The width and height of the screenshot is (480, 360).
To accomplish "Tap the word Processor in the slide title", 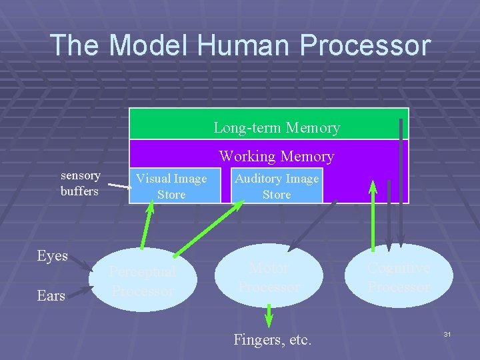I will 365,45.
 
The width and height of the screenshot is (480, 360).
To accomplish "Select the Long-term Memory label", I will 277,127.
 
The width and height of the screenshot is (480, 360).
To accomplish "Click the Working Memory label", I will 277,157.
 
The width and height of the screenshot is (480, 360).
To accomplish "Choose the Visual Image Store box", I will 171,186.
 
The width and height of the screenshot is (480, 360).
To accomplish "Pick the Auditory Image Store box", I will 277,186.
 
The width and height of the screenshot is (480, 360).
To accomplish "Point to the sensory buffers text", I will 81,183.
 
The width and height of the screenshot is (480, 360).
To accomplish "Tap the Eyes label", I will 53,256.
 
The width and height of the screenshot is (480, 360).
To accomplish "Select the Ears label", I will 51,295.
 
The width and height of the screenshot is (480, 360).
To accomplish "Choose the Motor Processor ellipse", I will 269,277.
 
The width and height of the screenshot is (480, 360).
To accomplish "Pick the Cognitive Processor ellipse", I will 399,277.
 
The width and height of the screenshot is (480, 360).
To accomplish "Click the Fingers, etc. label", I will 272,339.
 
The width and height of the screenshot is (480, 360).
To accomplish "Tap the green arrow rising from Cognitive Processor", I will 373,213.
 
